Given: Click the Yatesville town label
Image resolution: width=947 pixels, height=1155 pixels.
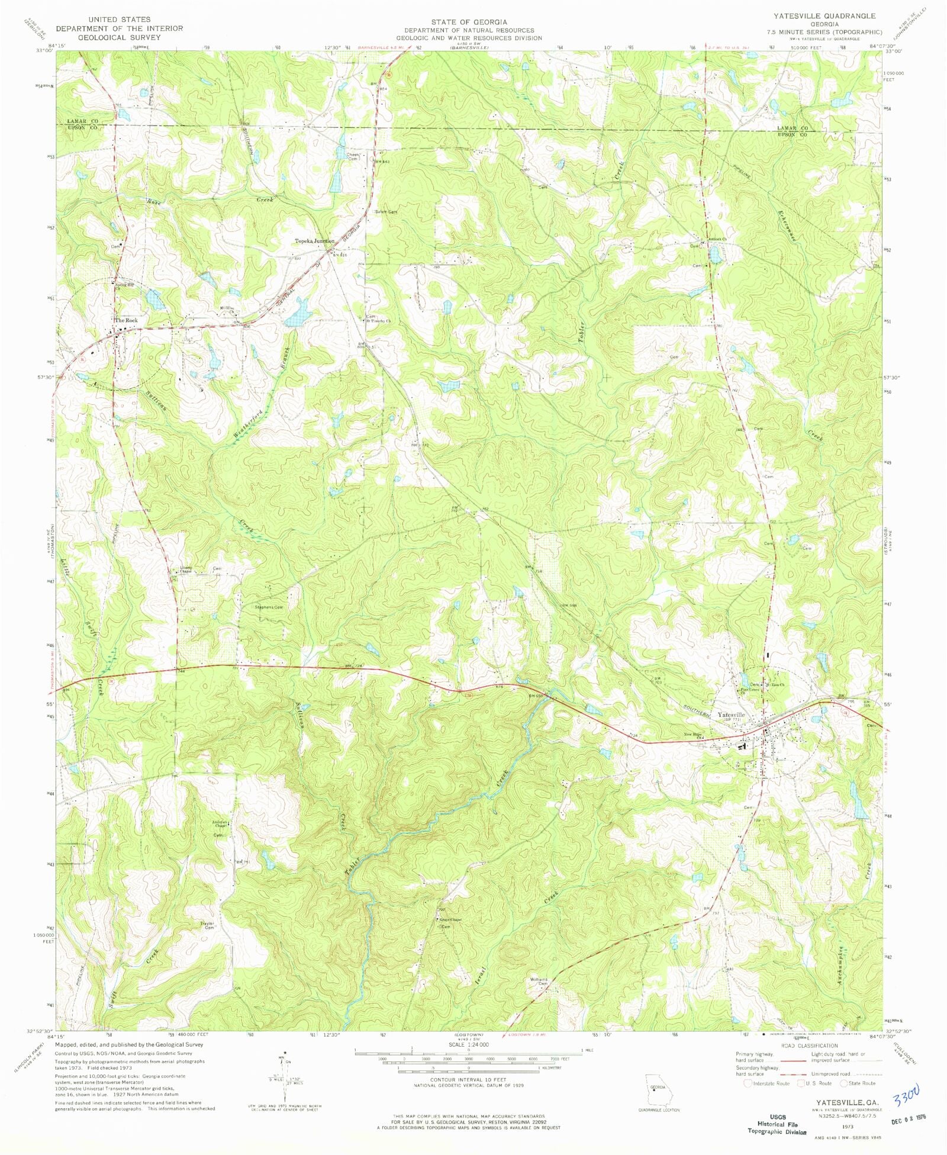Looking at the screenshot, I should pos(731,715).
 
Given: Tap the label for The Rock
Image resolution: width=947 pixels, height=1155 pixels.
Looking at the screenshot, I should pos(126,320).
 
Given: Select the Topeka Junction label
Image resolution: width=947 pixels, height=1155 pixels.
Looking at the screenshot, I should pos(314,241).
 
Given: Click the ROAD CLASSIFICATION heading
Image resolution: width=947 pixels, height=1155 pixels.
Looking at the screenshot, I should pos(809,1045).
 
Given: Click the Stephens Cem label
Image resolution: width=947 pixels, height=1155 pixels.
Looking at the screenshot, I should pos(269,607).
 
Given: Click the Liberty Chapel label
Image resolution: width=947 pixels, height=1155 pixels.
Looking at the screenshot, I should pos(186,570).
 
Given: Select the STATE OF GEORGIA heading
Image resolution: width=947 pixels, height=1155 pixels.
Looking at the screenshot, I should pos(468,22).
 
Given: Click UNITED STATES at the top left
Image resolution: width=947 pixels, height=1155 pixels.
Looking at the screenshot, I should pos(119,20).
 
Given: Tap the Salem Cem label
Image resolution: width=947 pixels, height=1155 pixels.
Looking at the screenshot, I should pos(385,212).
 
